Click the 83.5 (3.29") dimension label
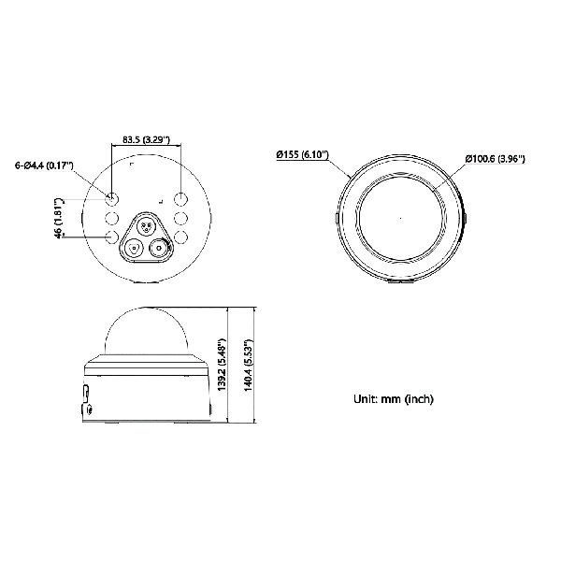click(x=146, y=139)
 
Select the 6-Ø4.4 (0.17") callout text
click(x=44, y=165)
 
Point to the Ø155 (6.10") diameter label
click(x=303, y=154)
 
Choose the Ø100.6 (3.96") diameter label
click(x=496, y=159)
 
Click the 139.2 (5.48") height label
click(x=223, y=365)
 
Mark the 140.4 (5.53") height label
click(x=249, y=365)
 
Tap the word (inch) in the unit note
click(x=419, y=398)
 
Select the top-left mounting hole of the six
click(x=112, y=198)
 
